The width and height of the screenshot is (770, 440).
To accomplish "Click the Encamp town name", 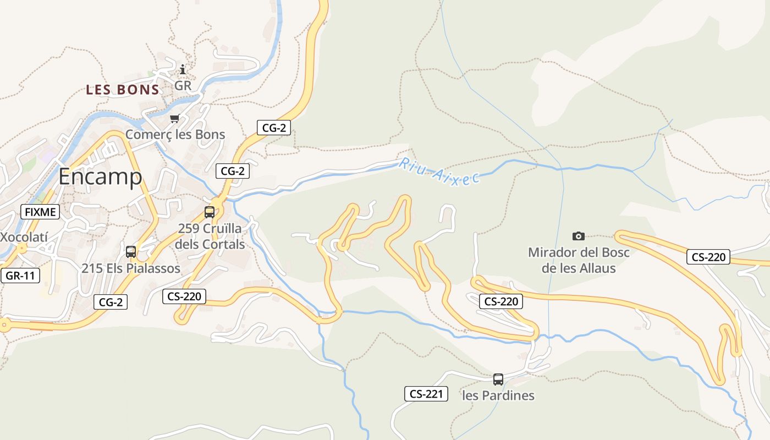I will coord(100,177).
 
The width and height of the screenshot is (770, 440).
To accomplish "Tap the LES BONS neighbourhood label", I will coord(123,90).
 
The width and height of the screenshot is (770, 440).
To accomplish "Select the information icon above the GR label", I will coord(183,70).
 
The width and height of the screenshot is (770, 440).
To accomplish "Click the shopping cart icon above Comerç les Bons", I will coord(175,118).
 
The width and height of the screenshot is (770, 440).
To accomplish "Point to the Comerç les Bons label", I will coord(175,134).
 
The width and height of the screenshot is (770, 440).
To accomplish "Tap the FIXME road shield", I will coord(40,211).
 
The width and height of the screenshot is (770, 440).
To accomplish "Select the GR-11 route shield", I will coord(20,276).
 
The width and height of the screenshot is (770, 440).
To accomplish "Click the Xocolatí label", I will coord(24,238).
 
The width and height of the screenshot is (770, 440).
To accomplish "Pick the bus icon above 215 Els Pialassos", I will coord(131,252).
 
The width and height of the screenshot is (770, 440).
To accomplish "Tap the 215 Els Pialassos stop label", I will coord(131,268).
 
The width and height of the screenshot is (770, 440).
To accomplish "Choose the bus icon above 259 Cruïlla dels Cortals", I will coord(210,212).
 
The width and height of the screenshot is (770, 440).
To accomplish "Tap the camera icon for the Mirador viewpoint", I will coord(579,236).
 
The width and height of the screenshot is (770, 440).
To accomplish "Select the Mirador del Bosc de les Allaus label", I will coord(579,260).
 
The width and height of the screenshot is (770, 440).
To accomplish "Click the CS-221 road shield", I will coord(426,394).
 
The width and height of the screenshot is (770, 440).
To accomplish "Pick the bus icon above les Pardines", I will coord(498,379).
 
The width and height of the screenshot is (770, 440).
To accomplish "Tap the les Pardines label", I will coord(498,395).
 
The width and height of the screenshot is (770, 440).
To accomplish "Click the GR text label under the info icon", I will coord(183,86).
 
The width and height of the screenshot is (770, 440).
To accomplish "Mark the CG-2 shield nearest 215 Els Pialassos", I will coord(111,301).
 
